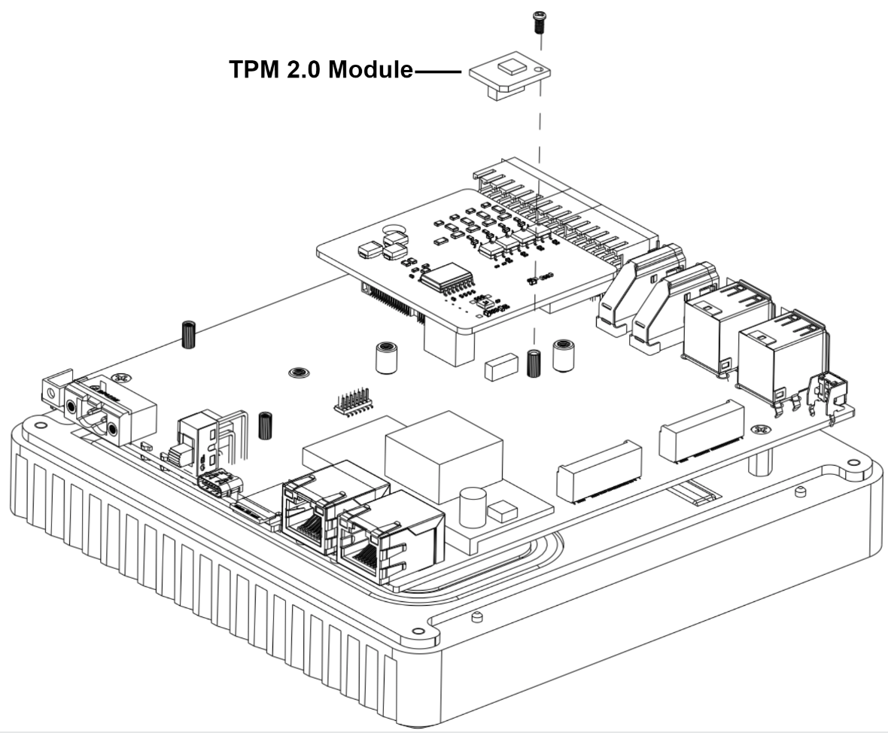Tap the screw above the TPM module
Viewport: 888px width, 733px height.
(x=538, y=23)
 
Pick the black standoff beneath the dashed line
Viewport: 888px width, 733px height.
(x=535, y=363)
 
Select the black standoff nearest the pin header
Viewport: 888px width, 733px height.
(x=265, y=425)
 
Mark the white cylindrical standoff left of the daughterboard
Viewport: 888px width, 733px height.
(x=386, y=357)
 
